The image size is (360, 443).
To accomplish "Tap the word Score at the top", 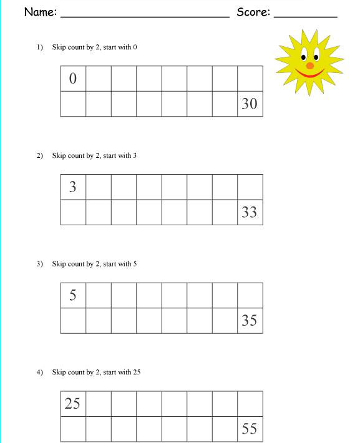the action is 252,12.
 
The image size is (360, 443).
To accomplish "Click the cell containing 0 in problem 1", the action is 73,79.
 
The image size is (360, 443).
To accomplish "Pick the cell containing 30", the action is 250,104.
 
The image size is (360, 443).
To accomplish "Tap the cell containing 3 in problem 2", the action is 73,187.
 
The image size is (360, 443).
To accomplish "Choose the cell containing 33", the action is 250,212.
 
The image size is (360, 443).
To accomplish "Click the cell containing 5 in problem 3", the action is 73,296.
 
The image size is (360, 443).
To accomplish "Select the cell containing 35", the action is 250,321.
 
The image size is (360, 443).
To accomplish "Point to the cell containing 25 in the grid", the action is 73,404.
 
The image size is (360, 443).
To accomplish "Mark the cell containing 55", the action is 250,429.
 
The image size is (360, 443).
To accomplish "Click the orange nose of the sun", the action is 310,65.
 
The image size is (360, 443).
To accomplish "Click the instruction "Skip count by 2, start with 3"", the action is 94,155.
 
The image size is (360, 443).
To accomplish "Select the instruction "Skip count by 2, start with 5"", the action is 94,264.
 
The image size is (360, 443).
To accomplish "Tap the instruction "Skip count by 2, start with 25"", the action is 96,372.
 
